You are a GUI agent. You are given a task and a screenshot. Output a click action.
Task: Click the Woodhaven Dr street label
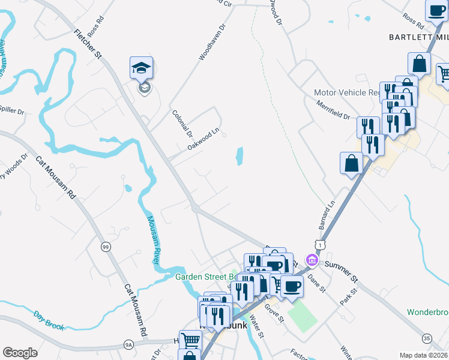pos(212,42)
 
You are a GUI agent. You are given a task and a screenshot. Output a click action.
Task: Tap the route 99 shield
pos(106,247)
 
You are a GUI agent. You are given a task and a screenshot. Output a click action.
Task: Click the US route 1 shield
pos(321,245)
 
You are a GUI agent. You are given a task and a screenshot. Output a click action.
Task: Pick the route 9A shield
pos(128,344)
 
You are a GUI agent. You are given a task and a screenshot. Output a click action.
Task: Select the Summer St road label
pos(341,271)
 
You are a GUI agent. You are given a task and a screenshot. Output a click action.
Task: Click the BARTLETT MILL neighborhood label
pos(418,37)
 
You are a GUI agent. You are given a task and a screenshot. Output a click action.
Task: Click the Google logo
pos(20,353)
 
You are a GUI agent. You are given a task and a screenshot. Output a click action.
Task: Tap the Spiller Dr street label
pos(11,112)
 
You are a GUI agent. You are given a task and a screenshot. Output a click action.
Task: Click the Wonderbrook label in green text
pos(428,312)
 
